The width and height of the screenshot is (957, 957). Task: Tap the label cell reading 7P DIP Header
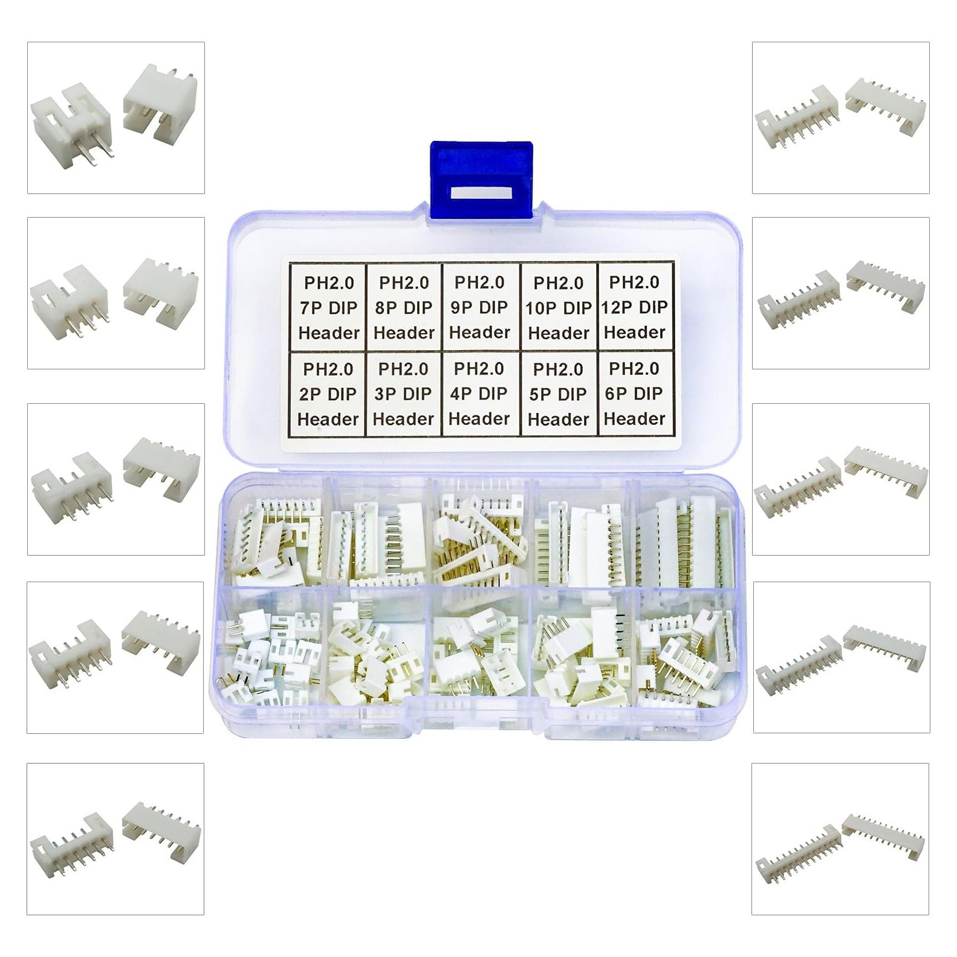328,307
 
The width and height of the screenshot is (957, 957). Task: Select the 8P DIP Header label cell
404,307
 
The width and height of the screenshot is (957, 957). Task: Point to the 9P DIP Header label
479,307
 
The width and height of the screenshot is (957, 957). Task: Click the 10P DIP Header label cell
558,307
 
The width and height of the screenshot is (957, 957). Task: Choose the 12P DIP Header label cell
635,307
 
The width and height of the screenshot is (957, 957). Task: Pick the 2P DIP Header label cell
328,394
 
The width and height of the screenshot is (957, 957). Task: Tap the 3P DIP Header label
403,394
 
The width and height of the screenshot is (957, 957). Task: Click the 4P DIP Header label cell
479,394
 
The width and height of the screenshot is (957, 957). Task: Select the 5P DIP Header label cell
558,394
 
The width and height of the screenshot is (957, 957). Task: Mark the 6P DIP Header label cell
635,394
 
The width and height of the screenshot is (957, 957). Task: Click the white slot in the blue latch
482,194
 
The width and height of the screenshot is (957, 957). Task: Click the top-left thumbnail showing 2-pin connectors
115,118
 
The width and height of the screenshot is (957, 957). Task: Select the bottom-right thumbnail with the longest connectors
840,839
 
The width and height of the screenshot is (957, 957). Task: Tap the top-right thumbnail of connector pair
840,118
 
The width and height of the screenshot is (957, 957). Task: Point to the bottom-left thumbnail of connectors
115,839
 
